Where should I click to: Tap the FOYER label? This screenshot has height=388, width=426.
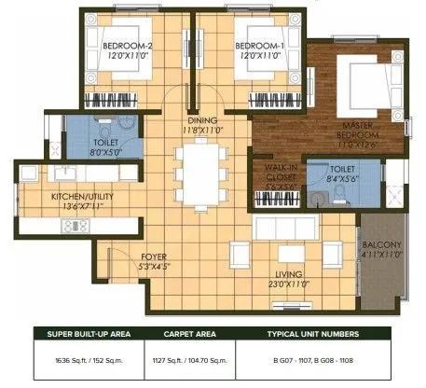[x=154, y=255]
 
